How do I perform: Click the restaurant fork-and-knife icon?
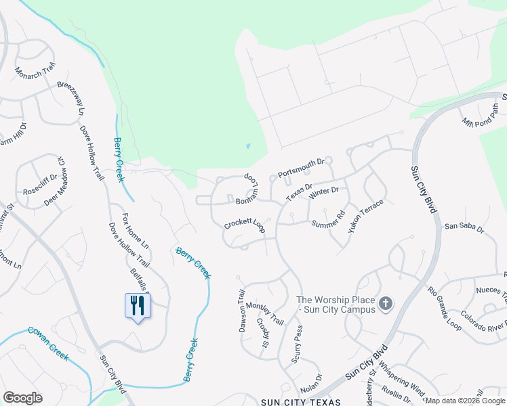[x=138, y=305]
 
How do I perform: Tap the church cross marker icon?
[x=386, y=303]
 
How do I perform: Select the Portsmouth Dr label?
[x=301, y=168]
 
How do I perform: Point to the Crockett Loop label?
[x=245, y=226]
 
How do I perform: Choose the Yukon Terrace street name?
[x=366, y=217]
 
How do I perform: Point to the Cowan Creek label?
[x=48, y=343]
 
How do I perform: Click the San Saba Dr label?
[x=464, y=228]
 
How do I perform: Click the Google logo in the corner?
[x=22, y=398]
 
